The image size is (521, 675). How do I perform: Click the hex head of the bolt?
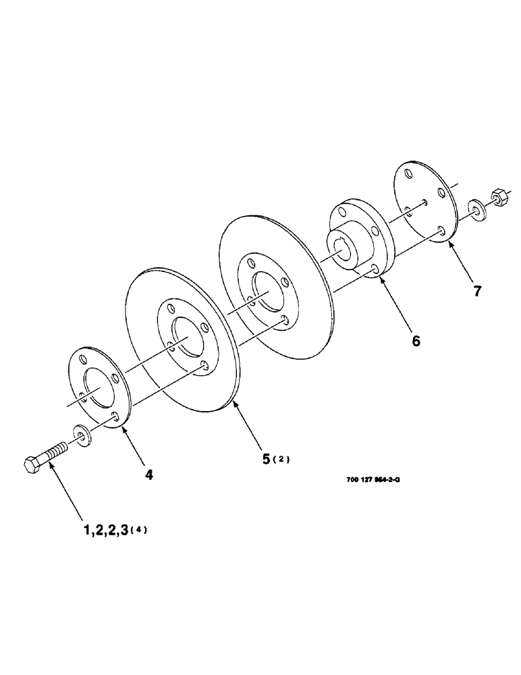33,466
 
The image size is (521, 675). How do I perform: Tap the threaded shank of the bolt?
55,450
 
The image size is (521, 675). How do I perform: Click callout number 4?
148,475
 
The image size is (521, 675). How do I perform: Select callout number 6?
415,341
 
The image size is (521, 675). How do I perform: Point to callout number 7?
477,292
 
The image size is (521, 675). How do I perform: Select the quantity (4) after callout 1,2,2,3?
139,531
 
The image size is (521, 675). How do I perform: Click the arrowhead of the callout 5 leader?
234,403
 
